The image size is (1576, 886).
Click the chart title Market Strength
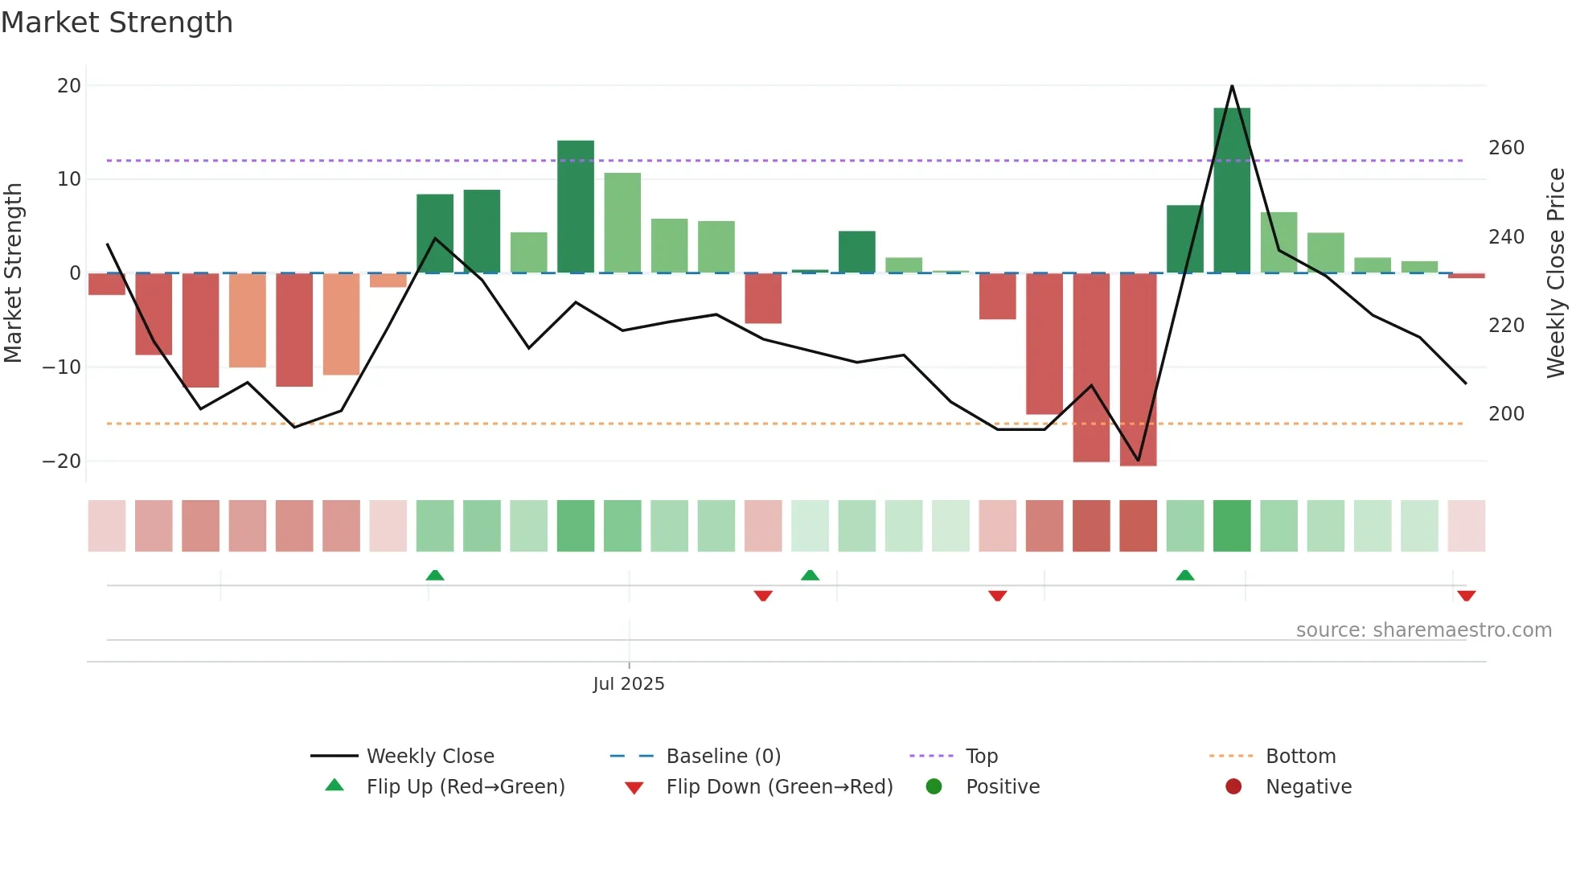click(117, 23)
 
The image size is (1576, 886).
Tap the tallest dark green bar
click(1231, 191)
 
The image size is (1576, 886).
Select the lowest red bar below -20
click(1138, 370)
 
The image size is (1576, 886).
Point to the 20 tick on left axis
click(69, 86)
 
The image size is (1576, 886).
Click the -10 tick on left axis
click(62, 367)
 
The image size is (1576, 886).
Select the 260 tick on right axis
click(1506, 148)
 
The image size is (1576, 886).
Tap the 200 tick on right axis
click(1506, 414)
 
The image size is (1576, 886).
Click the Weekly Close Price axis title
click(1556, 273)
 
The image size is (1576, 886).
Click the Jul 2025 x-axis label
click(628, 684)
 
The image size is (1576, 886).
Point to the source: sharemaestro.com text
click(1423, 630)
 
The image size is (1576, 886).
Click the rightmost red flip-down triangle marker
click(1466, 596)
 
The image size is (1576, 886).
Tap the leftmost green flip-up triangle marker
click(435, 575)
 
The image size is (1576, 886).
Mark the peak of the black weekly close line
click(1232, 86)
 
